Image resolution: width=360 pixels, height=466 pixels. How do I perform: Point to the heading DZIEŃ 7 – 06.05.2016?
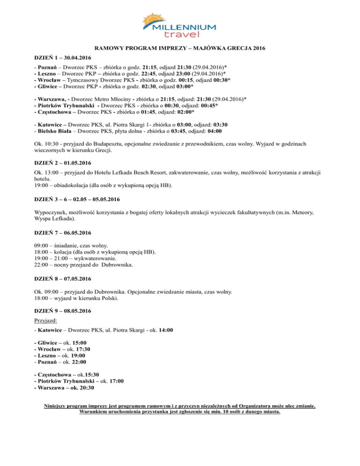[x=63, y=233]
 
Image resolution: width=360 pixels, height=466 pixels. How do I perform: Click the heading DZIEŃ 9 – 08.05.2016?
[x=63, y=310]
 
